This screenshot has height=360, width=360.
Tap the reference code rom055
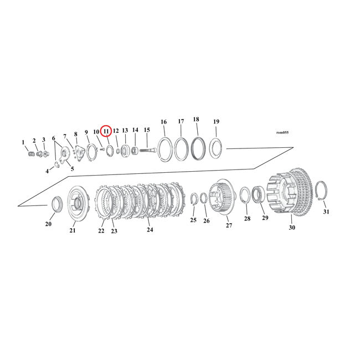[282, 132]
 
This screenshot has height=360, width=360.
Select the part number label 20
[48, 224]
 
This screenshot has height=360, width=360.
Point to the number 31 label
[326, 212]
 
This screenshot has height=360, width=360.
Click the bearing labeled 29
[258, 196]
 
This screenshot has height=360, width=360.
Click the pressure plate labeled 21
[77, 205]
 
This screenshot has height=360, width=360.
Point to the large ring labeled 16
[164, 150]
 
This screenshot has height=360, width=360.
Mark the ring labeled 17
[181, 149]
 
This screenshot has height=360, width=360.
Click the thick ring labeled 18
[198, 148]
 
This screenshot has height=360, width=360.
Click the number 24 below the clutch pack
[150, 229]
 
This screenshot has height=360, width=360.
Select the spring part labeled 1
[30, 153]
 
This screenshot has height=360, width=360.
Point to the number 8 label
[76, 135]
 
